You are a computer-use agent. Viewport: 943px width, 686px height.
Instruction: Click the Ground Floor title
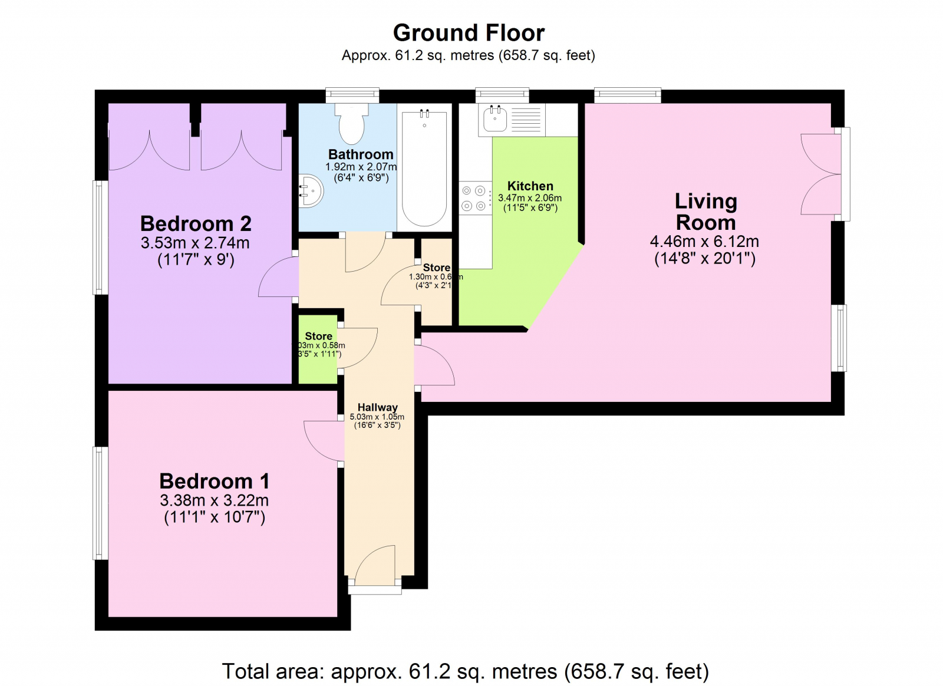coord(469,33)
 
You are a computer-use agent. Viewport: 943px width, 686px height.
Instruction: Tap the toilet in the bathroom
coord(352,124)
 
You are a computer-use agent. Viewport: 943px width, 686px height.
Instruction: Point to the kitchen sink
coord(495,119)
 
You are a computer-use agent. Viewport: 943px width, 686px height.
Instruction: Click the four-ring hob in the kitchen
coord(474,198)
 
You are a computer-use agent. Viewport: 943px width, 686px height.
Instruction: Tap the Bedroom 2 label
coord(196,224)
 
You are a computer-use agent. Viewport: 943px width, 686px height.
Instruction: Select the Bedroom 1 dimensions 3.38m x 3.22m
coord(214,500)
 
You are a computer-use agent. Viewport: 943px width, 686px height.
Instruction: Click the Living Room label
coord(705,212)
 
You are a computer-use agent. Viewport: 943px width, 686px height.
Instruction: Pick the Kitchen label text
coord(530,186)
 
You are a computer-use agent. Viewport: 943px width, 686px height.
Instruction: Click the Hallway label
coord(377,407)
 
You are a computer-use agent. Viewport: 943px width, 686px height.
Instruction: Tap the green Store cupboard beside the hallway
coord(318,351)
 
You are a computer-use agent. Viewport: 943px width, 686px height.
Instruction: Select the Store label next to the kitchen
coord(436,267)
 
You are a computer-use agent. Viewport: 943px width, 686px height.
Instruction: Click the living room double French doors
coord(821,174)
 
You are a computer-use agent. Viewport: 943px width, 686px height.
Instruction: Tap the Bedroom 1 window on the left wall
coord(101,503)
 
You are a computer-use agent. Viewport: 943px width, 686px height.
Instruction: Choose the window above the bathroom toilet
coord(352,94)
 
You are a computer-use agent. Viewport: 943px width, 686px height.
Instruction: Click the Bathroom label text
coord(360,154)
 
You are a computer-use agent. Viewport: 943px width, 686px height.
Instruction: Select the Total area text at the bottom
coord(465,671)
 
